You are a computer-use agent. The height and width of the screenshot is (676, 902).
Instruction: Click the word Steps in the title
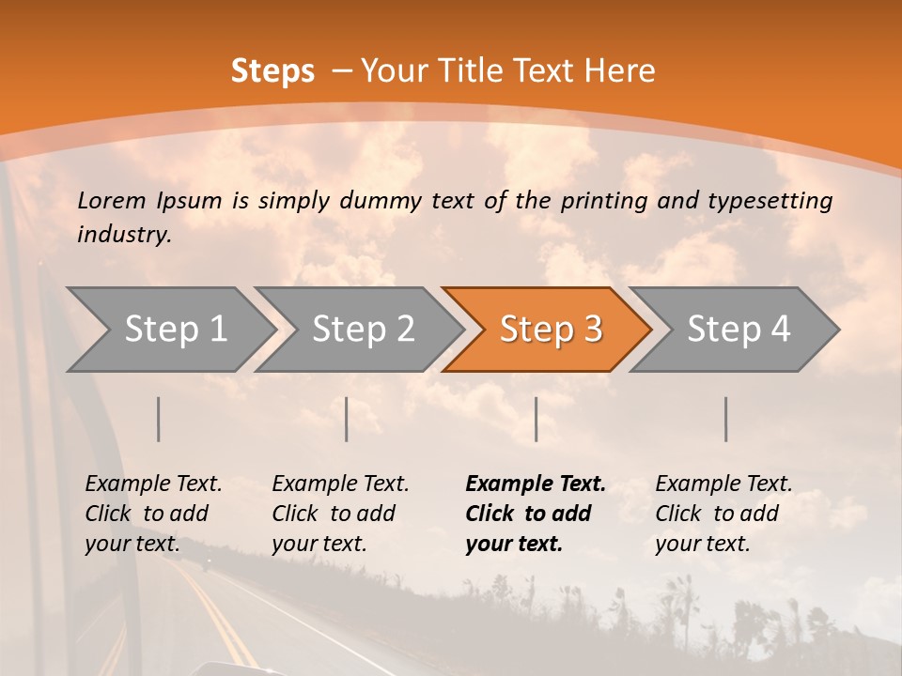(272, 71)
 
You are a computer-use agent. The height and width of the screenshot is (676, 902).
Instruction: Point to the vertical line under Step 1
(159, 420)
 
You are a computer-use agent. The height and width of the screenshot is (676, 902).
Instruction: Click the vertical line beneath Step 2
(347, 420)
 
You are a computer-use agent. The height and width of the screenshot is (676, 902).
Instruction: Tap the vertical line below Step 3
(536, 420)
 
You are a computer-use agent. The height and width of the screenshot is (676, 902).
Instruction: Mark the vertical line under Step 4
(725, 420)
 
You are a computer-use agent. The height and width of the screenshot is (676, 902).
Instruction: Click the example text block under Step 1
(153, 514)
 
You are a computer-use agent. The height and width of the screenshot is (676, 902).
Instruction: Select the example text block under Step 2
(340, 514)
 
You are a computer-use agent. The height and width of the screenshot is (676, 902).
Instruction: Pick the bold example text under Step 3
(535, 514)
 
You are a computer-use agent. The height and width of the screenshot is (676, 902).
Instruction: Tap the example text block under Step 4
(723, 514)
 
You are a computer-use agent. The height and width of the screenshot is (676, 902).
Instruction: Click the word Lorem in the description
(111, 200)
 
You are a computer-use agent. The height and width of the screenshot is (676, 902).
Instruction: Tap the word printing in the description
(596, 200)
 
